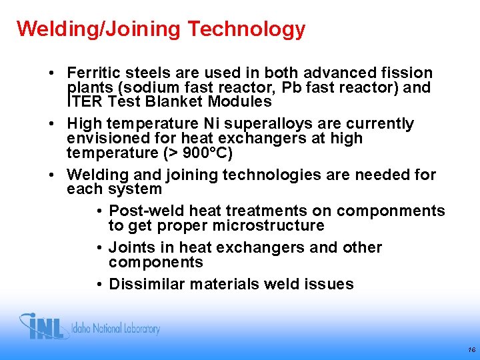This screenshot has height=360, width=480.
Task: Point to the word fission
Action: pyautogui.click(x=409, y=73)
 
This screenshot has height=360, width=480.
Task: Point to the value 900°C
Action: pyautogui.click(x=203, y=153)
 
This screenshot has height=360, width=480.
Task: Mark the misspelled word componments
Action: pyautogui.click(x=391, y=211)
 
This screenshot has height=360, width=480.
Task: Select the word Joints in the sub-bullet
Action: pyautogui.click(x=131, y=248)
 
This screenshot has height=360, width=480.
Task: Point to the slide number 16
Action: pyautogui.click(x=471, y=349)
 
